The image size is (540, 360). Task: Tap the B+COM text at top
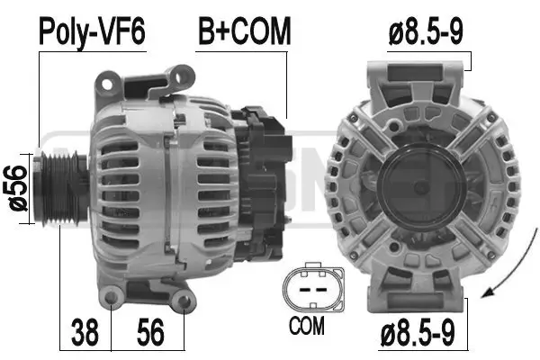pos(245,31)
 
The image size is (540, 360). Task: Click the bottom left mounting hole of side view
pos(111,298)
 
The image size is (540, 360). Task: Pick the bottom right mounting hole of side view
pos(183,301)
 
